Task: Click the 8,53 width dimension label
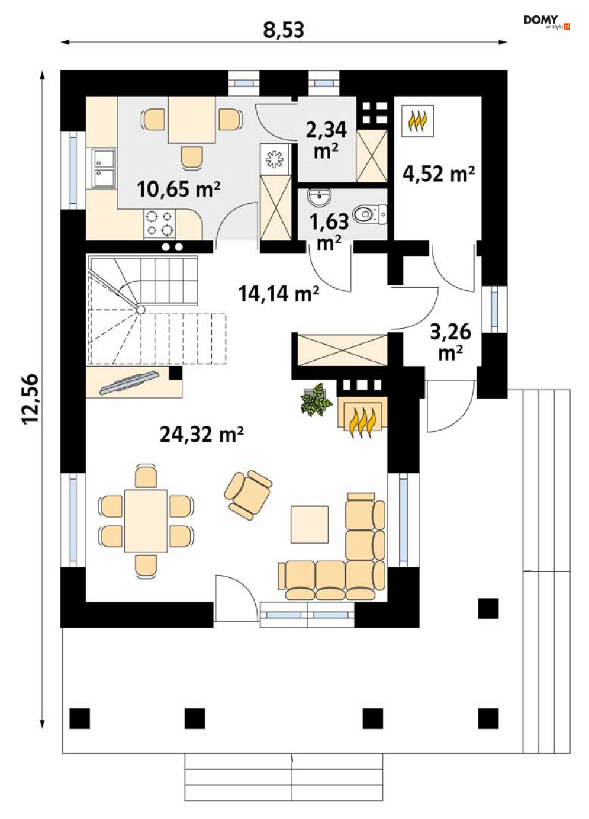point(284,30)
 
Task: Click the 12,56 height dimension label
point(31,399)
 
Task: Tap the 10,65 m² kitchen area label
point(179,189)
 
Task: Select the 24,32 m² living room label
point(202,434)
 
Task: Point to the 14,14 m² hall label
point(279,293)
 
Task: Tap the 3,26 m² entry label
point(450,342)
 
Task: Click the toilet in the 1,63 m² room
point(370,214)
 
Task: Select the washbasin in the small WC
point(319,197)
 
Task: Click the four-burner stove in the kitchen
point(160,223)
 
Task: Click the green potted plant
point(316,399)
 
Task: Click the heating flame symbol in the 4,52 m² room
point(418,121)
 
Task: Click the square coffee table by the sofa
point(310,524)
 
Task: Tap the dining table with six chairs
point(146,521)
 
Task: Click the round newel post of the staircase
point(140,310)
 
